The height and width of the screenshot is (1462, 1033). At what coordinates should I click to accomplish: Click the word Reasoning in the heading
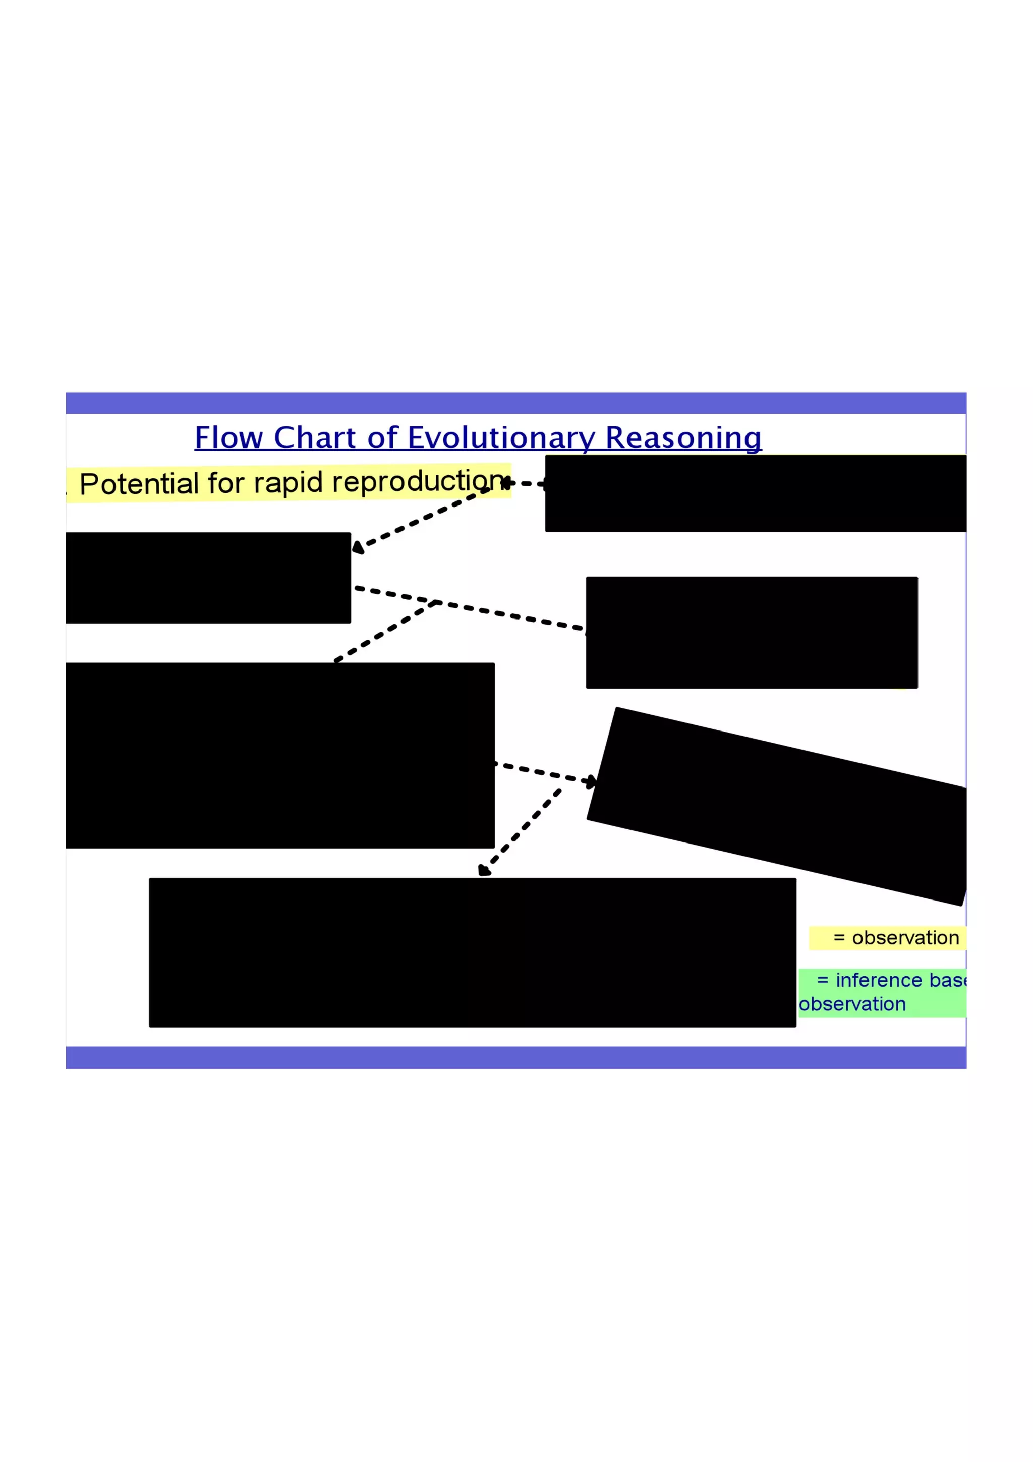coord(683,439)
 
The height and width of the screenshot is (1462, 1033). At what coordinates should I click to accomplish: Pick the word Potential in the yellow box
coord(139,484)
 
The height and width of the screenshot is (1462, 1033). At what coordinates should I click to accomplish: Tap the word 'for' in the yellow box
coord(226,483)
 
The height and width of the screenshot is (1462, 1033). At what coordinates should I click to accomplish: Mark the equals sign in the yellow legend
coord(839,938)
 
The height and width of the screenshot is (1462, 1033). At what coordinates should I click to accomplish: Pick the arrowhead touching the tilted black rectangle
coord(592,781)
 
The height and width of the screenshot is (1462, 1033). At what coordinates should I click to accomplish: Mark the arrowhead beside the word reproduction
coord(506,483)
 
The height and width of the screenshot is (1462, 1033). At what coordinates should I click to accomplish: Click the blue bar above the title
coord(515,403)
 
